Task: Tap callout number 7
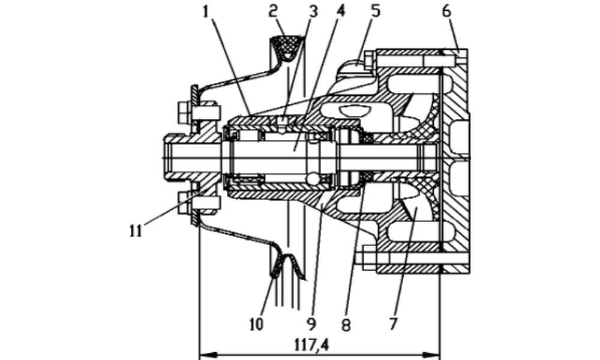tap(394, 323)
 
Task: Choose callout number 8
tap(346, 325)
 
